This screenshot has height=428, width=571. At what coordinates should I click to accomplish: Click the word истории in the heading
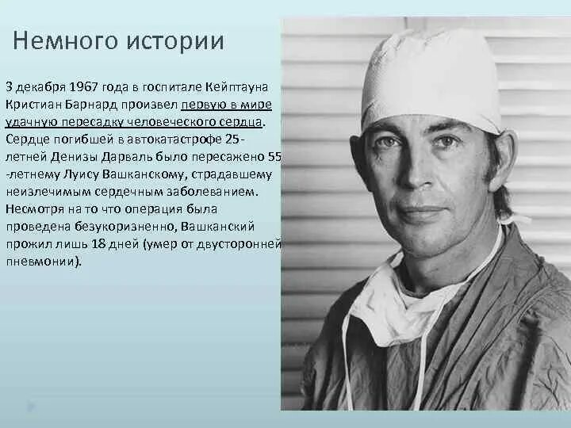[173, 41]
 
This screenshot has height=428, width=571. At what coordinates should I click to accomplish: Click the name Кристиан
[35, 105]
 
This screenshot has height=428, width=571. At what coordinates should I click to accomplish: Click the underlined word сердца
[241, 122]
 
